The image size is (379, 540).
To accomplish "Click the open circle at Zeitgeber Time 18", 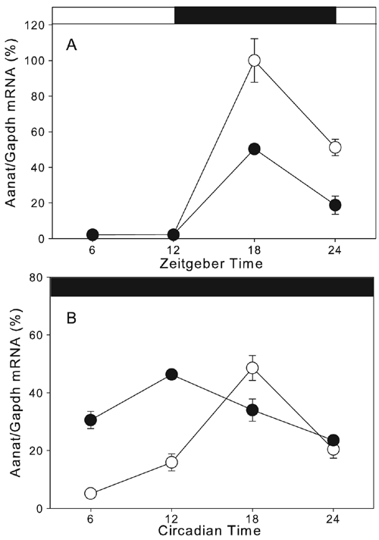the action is pos(254,60).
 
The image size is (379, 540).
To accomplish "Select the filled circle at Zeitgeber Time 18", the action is pos(254,149).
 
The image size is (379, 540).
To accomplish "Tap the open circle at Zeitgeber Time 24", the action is pos(335,147).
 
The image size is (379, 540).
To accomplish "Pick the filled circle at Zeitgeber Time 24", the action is pos(335,206).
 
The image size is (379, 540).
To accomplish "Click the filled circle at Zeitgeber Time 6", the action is pos(92,234).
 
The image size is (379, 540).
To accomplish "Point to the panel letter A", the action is pos(71,45).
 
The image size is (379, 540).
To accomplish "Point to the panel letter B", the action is pos(71,319).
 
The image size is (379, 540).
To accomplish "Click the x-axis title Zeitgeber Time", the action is pos(211,264).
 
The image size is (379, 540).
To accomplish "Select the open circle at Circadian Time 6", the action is pos(90,493).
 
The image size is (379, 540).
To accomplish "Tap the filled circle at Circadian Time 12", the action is pos(171,375).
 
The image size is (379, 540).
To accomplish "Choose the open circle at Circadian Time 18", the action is pos(252,368).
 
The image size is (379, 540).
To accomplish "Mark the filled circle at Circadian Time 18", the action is pos(252,410).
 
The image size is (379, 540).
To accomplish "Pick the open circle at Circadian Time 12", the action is pos(171,462).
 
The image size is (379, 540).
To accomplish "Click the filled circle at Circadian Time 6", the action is pos(90,420).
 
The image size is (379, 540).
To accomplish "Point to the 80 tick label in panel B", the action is pos(40,278).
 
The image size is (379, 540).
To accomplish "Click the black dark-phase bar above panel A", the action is pos(255,15).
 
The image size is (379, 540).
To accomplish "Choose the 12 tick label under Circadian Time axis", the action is pos(171,519).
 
